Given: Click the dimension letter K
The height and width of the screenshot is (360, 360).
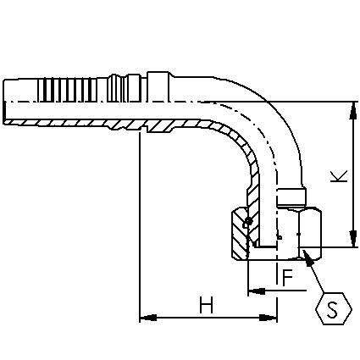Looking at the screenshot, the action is (339, 176).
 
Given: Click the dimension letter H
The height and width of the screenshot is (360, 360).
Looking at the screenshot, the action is (207, 305).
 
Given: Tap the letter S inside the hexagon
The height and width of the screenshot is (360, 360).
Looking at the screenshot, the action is (333, 309).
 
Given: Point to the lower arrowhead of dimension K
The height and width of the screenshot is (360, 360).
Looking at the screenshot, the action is (352, 239).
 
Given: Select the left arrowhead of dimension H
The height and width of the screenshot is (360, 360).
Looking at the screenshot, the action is (148, 318).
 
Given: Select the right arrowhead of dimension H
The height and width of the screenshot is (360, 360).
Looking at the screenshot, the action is (269, 318).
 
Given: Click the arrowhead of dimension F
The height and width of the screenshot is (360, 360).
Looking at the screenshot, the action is (257, 291).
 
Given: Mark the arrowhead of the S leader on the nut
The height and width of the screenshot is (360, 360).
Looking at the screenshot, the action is (307, 258).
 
